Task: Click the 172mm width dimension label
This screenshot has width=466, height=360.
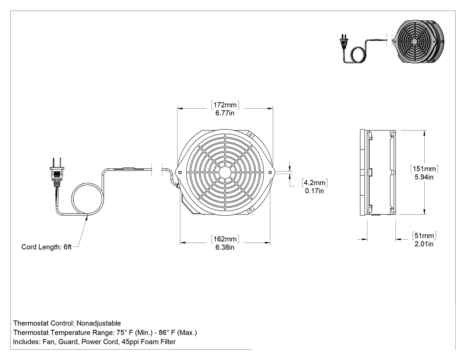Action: pyautogui.click(x=225, y=105)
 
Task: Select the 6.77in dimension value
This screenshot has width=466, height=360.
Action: pyautogui.click(x=225, y=113)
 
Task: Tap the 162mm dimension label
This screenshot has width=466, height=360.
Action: pyautogui.click(x=225, y=239)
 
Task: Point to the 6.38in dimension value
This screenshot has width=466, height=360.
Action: pyautogui.click(x=225, y=247)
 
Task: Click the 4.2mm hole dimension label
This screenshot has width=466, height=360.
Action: pyautogui.click(x=314, y=182)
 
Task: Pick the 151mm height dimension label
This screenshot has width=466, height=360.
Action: pyautogui.click(x=424, y=169)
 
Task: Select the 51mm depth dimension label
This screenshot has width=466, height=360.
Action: pyautogui.click(x=424, y=236)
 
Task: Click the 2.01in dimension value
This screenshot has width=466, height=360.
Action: pyautogui.click(x=424, y=244)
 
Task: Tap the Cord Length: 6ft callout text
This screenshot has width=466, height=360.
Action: pyautogui.click(x=46, y=247)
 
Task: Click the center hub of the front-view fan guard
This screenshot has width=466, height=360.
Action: pyautogui.click(x=225, y=172)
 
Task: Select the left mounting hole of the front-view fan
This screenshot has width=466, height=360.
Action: pyautogui.click(x=180, y=172)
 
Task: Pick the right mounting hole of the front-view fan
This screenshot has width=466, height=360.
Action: pyautogui.click(x=270, y=172)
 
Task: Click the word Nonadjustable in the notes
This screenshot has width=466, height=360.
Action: pyautogui.click(x=99, y=324)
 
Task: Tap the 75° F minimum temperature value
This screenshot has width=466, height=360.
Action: pyautogui.click(x=124, y=332)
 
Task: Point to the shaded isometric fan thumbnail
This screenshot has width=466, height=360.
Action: pyautogui.click(x=419, y=41)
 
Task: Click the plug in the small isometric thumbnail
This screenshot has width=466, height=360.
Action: pyautogui.click(x=344, y=42)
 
